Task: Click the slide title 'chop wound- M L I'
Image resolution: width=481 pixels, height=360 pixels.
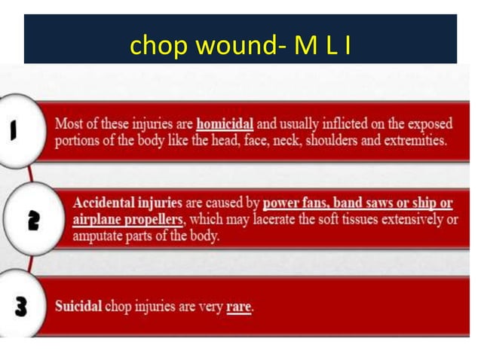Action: coord(240,46)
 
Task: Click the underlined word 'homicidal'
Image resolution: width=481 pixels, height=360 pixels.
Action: coord(225,124)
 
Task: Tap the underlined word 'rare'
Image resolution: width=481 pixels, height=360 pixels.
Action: coord(239,308)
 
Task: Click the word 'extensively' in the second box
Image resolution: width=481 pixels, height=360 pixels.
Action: coord(409,219)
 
